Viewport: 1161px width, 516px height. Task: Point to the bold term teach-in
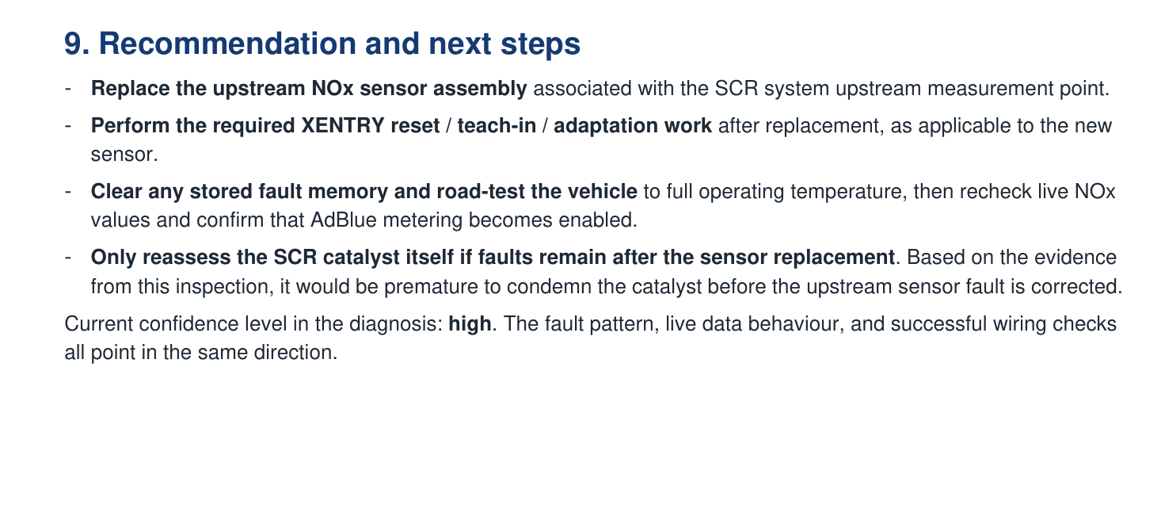tap(496, 126)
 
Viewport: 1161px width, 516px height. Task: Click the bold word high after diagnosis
tap(470, 323)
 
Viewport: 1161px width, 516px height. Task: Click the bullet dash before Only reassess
tap(70, 258)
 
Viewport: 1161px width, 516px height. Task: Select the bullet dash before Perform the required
tap(70, 126)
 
